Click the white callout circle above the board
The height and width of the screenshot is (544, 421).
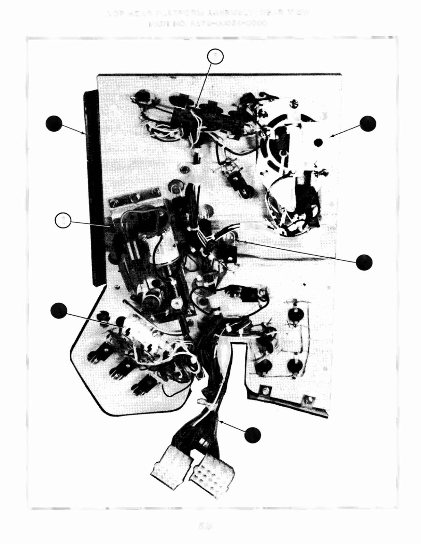click(215, 57)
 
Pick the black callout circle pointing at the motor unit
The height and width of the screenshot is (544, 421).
click(368, 123)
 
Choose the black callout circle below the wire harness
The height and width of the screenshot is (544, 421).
click(253, 435)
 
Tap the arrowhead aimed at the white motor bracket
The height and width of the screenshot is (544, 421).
click(331, 137)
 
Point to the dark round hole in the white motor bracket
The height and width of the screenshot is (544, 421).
click(319, 141)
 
